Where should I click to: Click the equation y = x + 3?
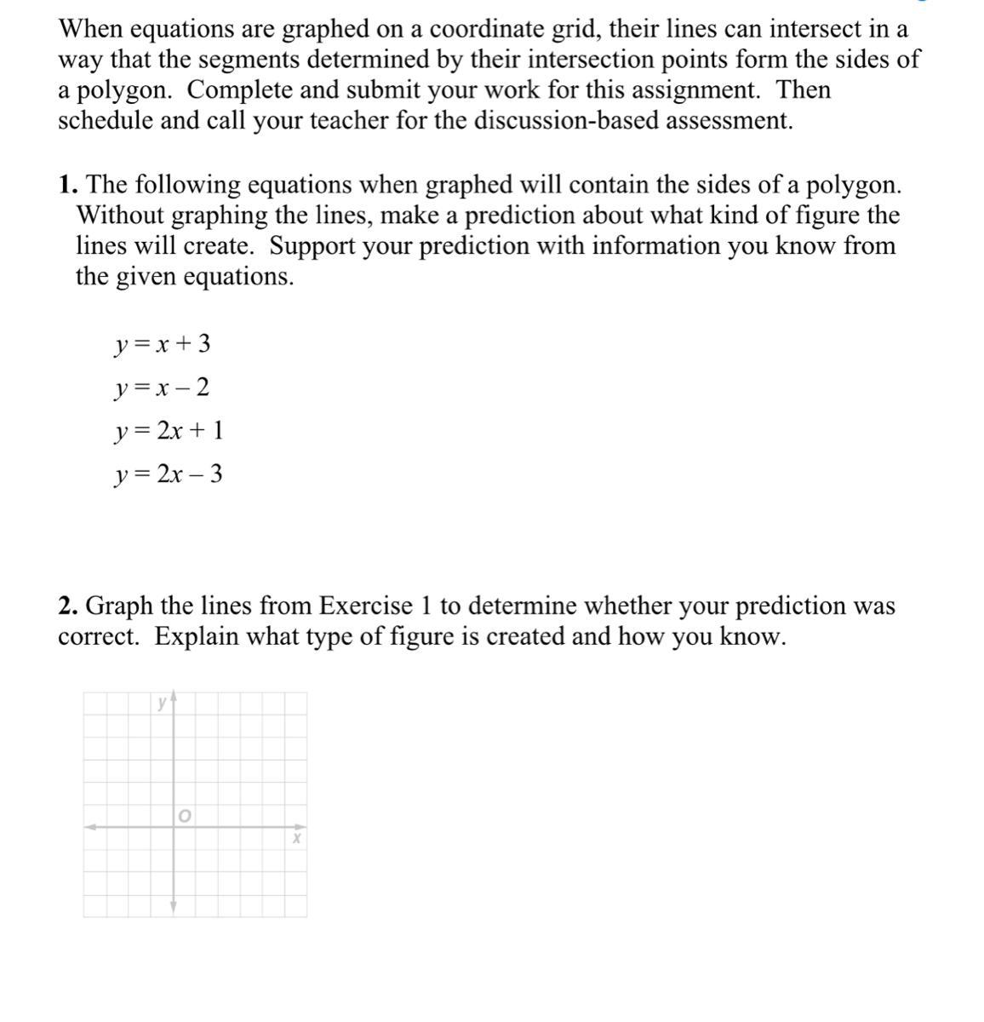(x=162, y=344)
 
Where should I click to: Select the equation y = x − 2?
(x=162, y=388)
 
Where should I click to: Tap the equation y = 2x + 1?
(x=169, y=431)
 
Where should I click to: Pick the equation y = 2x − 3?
(x=169, y=474)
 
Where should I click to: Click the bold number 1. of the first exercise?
(x=69, y=185)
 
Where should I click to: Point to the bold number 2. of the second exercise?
(x=69, y=606)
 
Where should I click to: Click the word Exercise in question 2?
(x=366, y=606)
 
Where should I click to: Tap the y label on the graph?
(x=161, y=703)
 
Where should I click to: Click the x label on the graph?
(x=296, y=839)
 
